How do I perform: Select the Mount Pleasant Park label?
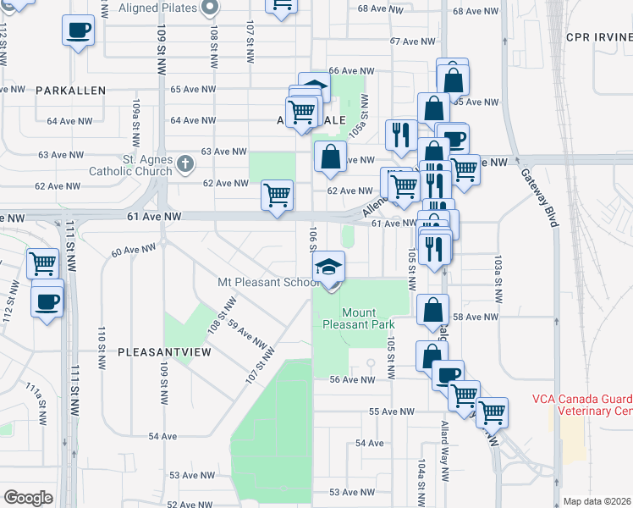coord(360,318)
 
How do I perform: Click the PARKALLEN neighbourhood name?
coord(70,90)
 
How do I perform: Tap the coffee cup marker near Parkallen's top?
coord(78,31)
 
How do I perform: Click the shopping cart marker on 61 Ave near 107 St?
coord(277,196)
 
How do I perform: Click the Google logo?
coord(28,498)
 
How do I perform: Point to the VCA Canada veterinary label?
coord(583,406)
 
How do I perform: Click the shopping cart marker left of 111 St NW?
coord(42,263)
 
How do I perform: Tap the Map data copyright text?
coord(597,500)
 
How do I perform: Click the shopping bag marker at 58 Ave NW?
coord(432,311)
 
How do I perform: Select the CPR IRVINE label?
coord(600,37)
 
